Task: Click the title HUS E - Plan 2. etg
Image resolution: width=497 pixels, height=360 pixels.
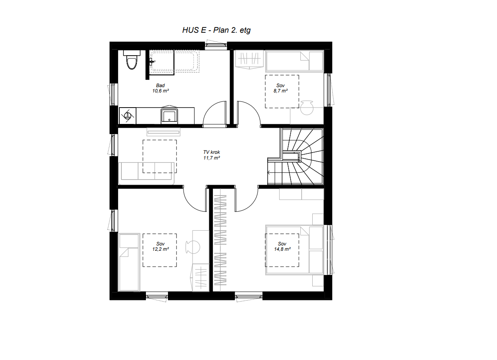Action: [x=216, y=30]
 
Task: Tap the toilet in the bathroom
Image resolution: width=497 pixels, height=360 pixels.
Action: [x=132, y=62]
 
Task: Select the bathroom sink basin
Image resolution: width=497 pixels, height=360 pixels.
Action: [x=169, y=116]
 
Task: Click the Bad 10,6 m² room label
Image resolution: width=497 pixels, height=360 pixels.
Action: [x=160, y=88]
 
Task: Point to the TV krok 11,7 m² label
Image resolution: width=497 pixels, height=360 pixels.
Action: [x=211, y=155]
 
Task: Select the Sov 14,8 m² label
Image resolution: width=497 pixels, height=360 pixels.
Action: [x=282, y=246]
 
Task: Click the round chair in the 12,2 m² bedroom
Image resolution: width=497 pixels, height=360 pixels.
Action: [x=195, y=247]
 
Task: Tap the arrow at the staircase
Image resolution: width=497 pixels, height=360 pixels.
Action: [x=269, y=172]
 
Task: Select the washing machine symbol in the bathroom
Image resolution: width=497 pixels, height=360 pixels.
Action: [x=127, y=116]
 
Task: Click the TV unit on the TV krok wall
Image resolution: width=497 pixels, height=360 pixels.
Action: [x=163, y=131]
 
